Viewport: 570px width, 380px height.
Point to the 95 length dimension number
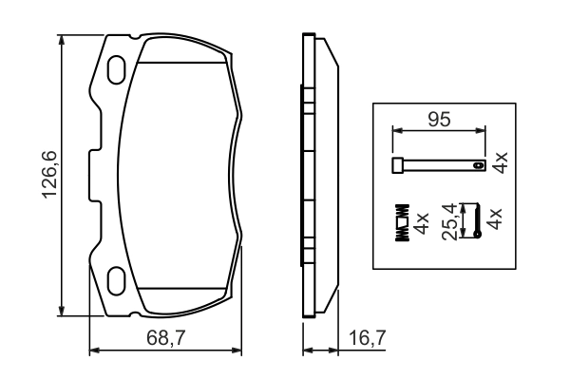click(x=438, y=121)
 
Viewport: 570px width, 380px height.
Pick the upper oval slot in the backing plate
click(x=119, y=69)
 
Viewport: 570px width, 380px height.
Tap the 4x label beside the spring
click(x=422, y=224)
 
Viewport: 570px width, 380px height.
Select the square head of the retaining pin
click(x=396, y=166)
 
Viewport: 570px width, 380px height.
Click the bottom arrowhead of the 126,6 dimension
click(x=63, y=313)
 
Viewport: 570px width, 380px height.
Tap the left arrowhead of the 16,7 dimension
click(x=306, y=351)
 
